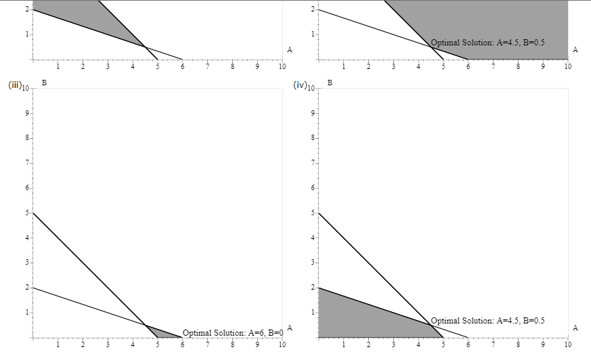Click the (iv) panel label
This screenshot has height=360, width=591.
coord(301,86)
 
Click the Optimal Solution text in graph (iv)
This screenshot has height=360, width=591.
coord(487,321)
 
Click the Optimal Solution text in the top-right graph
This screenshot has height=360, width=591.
coord(487,43)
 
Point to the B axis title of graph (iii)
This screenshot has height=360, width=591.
coord(44,82)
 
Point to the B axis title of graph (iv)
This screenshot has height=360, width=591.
coord(330,82)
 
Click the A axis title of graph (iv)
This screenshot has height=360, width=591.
coord(575,328)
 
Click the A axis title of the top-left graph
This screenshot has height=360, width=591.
coord(290,49)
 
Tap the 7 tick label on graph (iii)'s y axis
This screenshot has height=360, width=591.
coord(27,163)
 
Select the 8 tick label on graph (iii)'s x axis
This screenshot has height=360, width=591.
coord(232,344)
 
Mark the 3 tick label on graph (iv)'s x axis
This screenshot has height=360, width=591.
coord(393,344)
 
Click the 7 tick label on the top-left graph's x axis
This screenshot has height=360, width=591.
coord(207,66)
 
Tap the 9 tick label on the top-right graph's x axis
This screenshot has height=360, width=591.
coord(543,66)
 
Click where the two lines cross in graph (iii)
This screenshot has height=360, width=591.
coord(145,325)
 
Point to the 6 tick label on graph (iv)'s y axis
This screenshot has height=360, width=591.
coord(313,188)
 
